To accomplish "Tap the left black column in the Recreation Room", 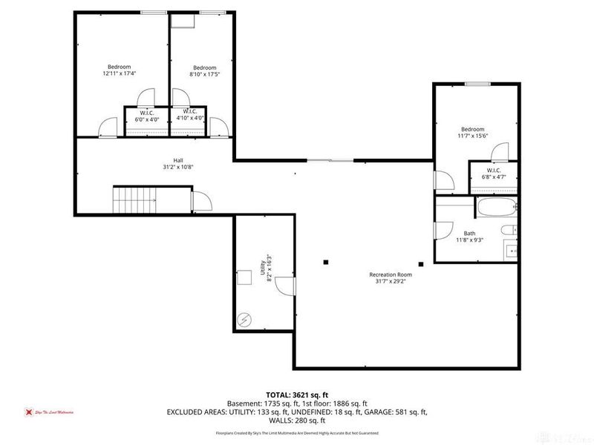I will coord(326,261).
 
